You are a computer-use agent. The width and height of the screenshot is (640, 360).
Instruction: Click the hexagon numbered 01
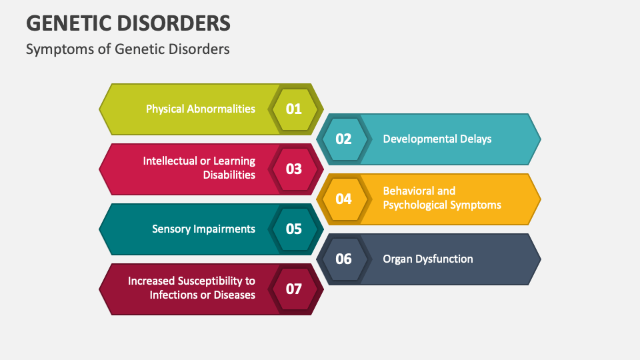(294, 109)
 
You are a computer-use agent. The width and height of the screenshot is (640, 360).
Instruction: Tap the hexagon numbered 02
(343, 139)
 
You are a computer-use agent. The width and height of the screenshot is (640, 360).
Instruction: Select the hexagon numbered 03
(294, 169)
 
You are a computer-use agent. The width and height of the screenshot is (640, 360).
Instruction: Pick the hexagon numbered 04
(343, 199)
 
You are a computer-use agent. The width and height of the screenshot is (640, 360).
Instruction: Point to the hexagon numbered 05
(294, 229)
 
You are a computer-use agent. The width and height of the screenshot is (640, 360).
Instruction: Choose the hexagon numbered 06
(343, 259)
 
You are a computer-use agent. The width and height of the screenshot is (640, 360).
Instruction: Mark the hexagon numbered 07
(294, 289)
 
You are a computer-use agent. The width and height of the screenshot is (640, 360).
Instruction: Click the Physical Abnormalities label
(200, 109)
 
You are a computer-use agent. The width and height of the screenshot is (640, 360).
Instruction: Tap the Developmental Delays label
(437, 139)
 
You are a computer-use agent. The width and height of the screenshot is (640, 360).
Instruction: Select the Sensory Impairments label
(203, 229)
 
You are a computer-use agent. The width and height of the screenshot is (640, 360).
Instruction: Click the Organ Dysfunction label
(427, 259)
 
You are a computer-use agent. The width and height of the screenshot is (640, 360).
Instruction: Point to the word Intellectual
(170, 161)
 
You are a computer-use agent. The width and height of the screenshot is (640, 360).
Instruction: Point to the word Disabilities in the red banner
(229, 175)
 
